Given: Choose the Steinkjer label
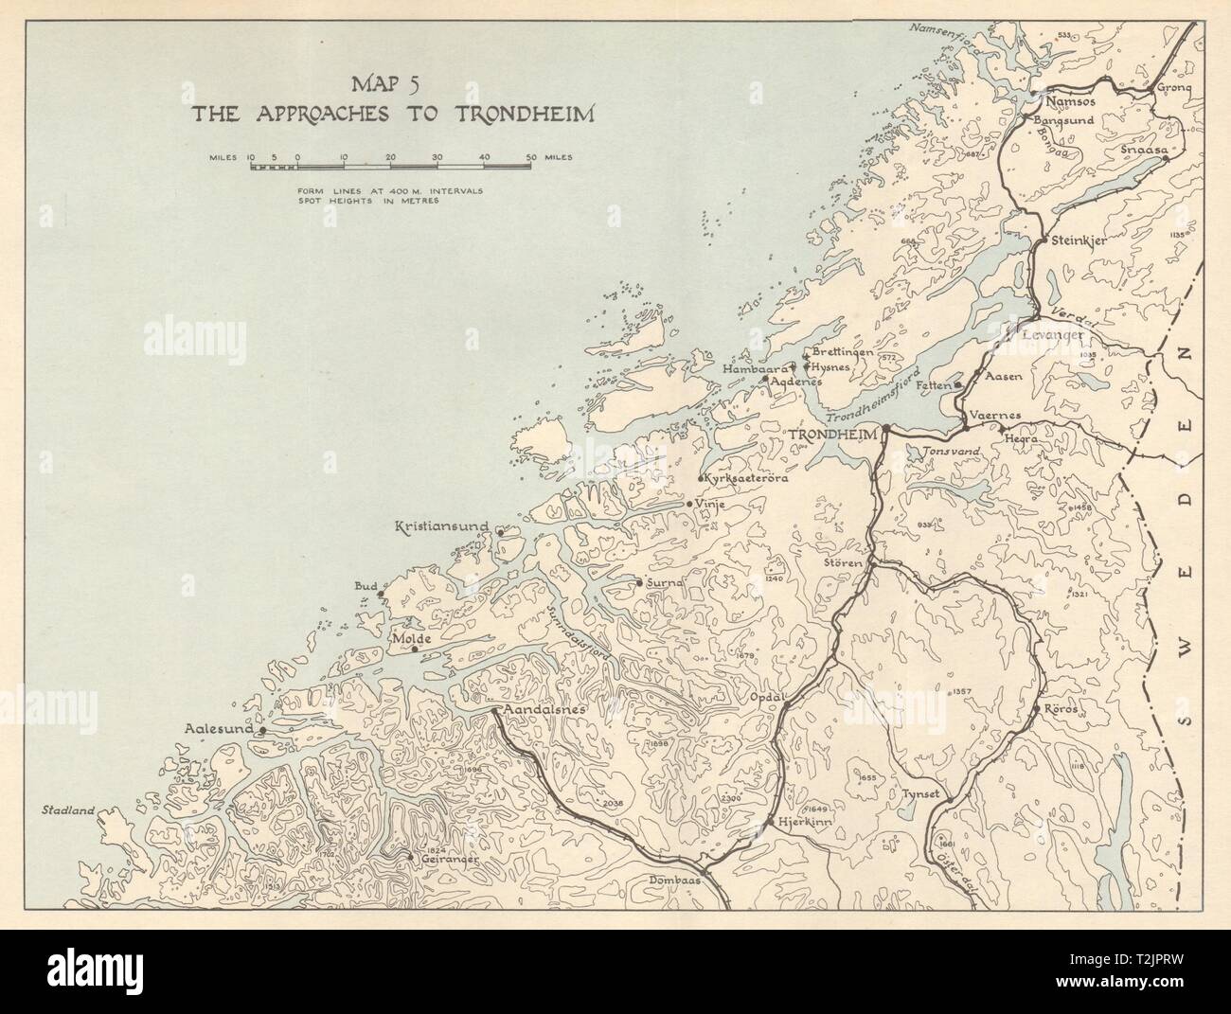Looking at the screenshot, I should coord(1079,240).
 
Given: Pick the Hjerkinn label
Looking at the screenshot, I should coord(799,823).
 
